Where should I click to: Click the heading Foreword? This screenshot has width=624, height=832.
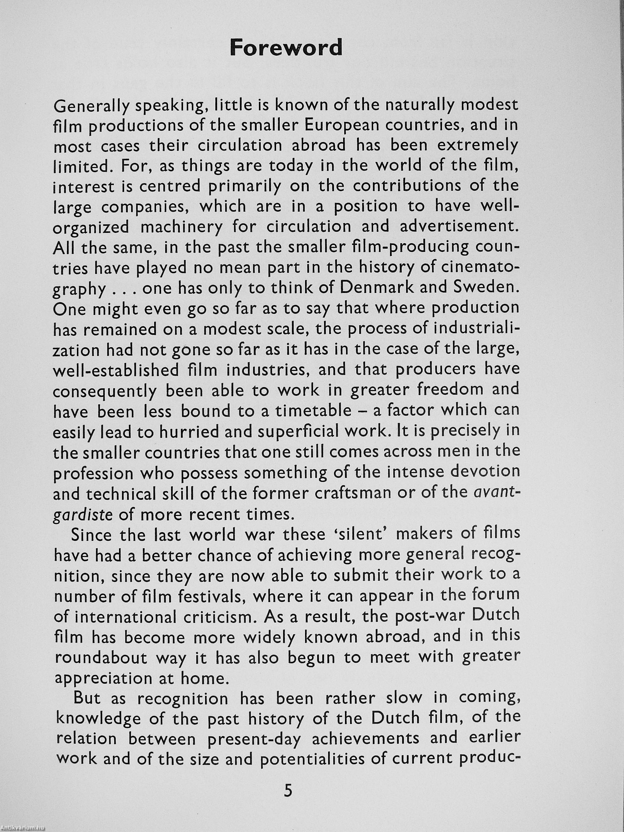tap(286, 48)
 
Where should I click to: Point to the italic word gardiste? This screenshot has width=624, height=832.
tap(83, 514)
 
